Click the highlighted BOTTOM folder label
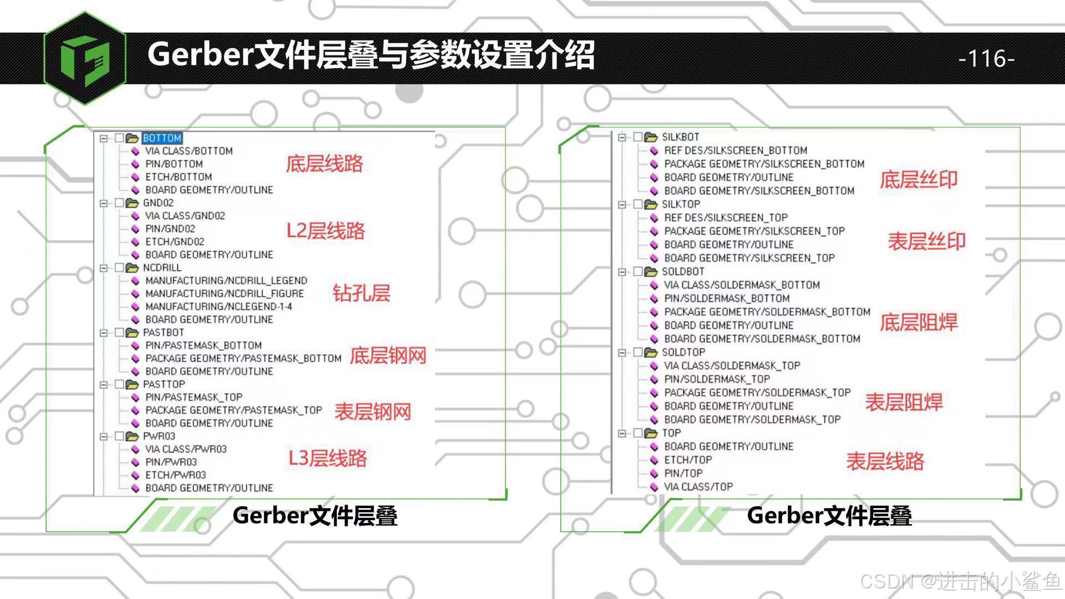point(162,138)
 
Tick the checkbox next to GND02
point(119,203)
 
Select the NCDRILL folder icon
point(132,268)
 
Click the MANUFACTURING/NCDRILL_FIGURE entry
point(224,293)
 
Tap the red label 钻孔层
point(361,293)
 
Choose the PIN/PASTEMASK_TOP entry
point(194,397)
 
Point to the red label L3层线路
point(327,458)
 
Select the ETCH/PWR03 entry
point(175,475)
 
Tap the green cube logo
point(85,58)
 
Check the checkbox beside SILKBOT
point(638,137)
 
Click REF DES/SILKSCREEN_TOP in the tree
point(726,217)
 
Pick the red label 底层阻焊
point(919,322)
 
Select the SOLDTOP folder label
point(683,352)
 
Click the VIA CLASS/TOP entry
point(698,487)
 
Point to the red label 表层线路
point(885,461)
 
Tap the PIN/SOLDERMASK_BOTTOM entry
point(727,298)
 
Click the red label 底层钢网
point(388,356)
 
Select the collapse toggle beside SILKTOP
point(622,205)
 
